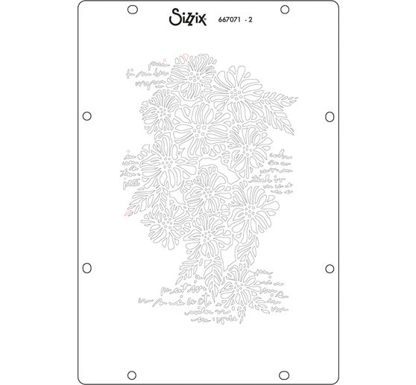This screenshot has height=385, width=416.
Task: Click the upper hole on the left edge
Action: point(86,115)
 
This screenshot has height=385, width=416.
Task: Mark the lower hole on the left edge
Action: point(86,267)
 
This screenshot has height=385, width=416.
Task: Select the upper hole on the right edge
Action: point(330,115)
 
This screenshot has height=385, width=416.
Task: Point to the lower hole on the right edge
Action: point(330,267)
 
